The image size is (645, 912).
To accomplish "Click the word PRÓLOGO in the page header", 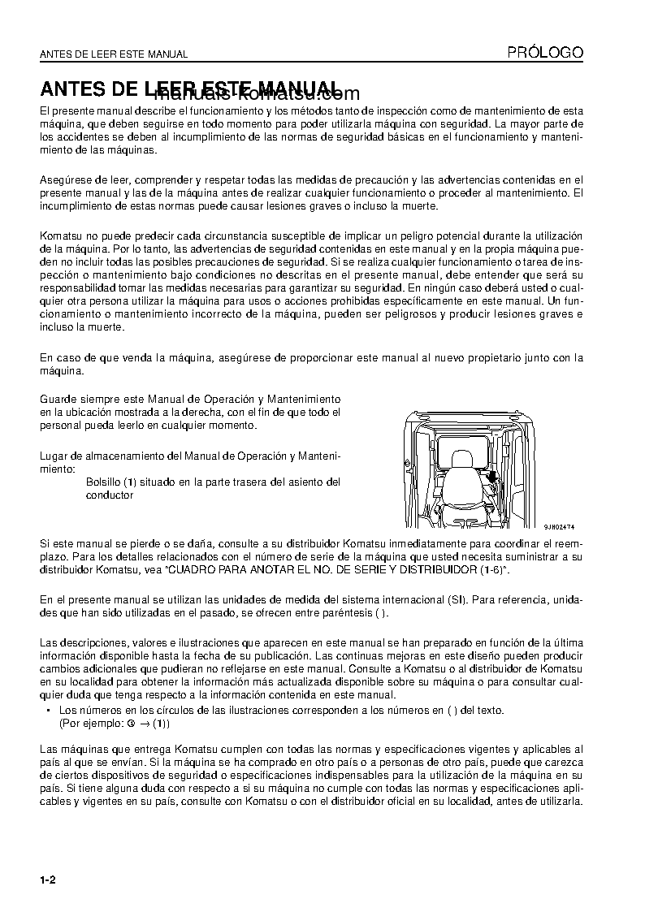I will (545, 53).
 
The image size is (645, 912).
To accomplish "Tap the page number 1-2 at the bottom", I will (47, 880).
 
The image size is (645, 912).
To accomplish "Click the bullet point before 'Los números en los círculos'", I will (50, 711).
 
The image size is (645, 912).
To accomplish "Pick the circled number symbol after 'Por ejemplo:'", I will (132, 723).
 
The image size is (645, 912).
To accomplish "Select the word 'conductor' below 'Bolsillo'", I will (109, 495).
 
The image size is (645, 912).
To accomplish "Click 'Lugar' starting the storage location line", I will (53, 456).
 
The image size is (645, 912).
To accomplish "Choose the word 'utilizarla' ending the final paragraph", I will (557, 801).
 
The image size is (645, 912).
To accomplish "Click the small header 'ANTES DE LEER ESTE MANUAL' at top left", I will (114, 54).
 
